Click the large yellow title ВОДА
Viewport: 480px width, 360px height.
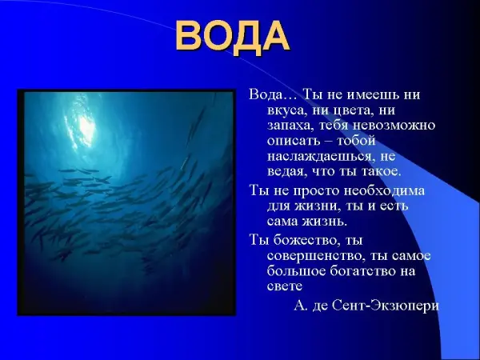[x=233, y=37]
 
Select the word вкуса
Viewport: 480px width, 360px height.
[x=287, y=110]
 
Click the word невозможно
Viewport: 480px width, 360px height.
[x=394, y=126]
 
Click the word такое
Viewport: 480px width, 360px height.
[x=381, y=171]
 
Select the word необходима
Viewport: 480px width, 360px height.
[x=384, y=190]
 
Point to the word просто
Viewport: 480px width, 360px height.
[x=317, y=191]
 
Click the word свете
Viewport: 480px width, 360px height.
[x=285, y=286]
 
